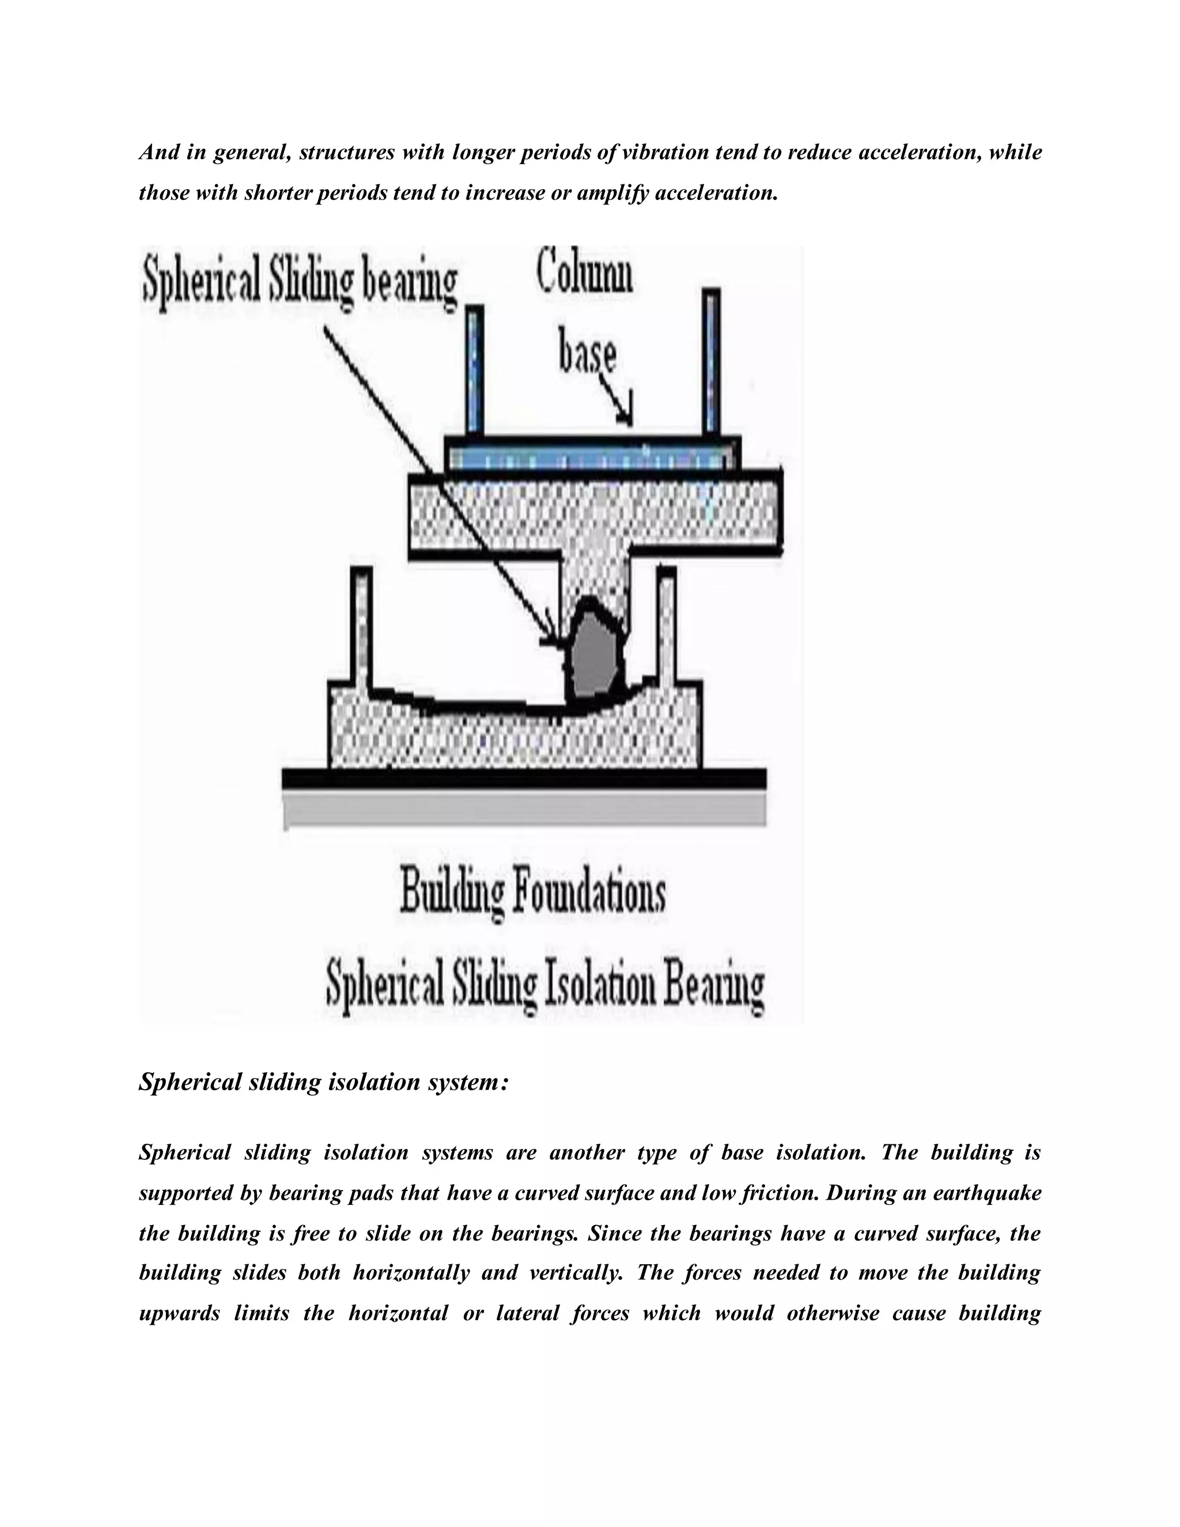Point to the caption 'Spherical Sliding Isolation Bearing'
click(545, 986)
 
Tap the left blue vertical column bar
click(475, 371)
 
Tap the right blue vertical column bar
click(711, 364)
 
